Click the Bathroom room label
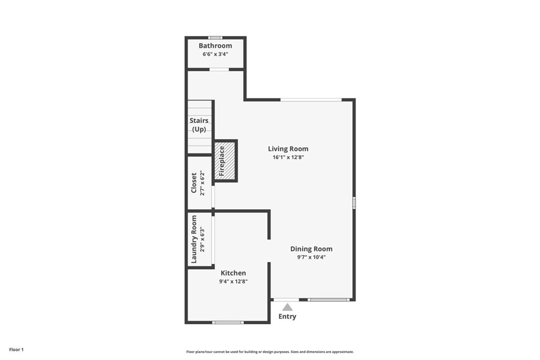[x=215, y=46]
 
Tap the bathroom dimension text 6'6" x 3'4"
[x=215, y=54]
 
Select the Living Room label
[x=288, y=149]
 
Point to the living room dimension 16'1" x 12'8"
[x=288, y=157]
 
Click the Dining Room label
[x=311, y=249]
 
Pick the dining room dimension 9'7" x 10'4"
[x=311, y=257]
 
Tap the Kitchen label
[x=233, y=273]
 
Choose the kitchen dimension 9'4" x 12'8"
[x=233, y=281]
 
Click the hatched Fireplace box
[x=225, y=161]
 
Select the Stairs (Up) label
[x=199, y=125]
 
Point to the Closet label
[x=194, y=183]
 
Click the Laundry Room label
[x=194, y=239]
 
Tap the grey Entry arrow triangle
[x=287, y=307]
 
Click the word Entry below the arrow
[x=287, y=317]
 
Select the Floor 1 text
[x=16, y=349]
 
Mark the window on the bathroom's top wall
[x=215, y=37]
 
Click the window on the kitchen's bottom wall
[x=228, y=322]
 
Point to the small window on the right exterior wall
[x=354, y=202]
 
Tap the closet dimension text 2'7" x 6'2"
[x=201, y=183]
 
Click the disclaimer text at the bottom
[x=270, y=352]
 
